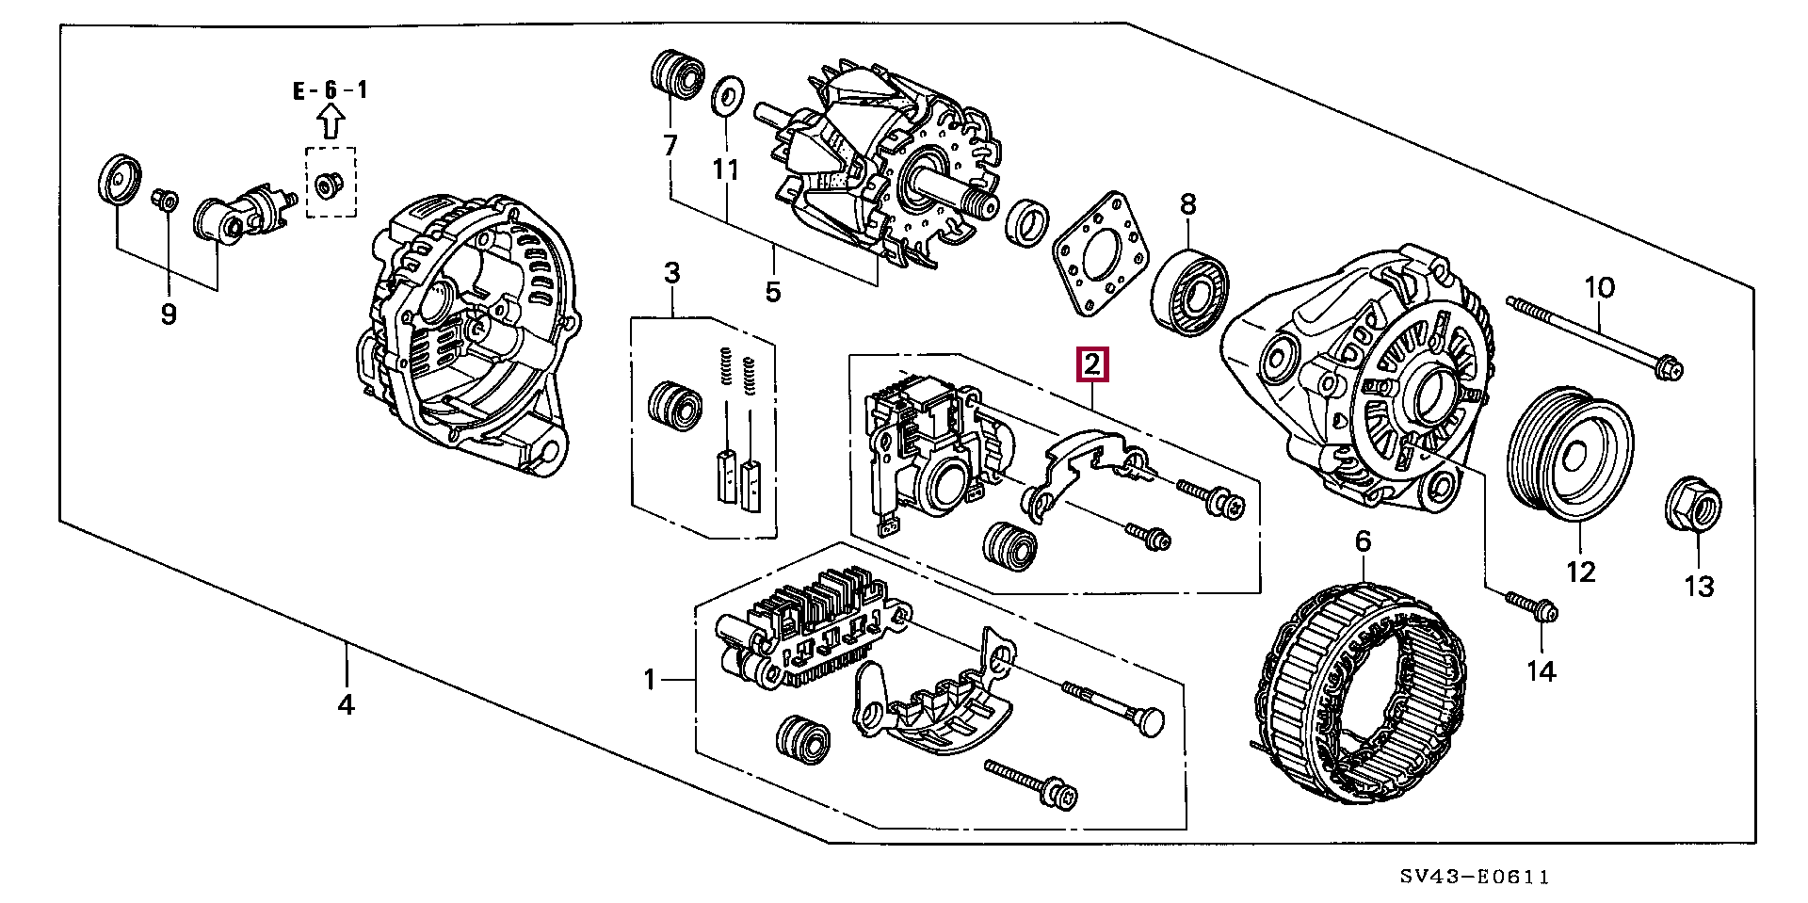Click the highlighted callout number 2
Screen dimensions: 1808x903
(x=1092, y=364)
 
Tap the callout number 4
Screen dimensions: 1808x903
(x=346, y=703)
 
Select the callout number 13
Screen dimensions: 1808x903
(x=1699, y=587)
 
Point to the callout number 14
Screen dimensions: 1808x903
(x=1541, y=670)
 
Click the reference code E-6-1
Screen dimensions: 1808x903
(x=330, y=90)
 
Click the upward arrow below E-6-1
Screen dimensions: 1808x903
(x=330, y=122)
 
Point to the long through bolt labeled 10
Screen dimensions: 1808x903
(x=1595, y=337)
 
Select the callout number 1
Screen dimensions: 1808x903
(x=649, y=679)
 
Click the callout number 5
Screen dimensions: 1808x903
(x=772, y=291)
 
